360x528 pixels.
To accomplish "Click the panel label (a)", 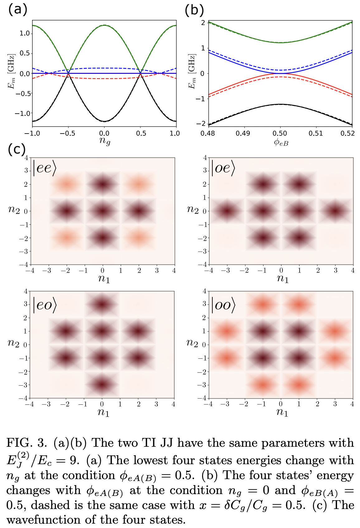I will pos(17,9).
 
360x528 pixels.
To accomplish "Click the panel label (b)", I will pos(194,10).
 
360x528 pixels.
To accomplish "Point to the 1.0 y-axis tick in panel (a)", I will pos(24,33).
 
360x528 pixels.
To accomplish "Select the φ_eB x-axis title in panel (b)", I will pos(281,143).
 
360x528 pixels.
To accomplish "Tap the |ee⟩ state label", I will pos(45,168).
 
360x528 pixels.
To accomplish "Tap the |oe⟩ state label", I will pos(223,168).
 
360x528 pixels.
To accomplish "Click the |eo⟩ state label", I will pos(45,305).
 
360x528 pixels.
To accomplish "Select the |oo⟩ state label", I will pos(223,305).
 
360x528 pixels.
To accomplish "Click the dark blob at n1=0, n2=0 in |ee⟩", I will pos(102,211).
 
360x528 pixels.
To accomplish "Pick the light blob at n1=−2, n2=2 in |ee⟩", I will pos(66,184).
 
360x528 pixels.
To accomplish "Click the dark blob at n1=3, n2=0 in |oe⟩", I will pos(335,211).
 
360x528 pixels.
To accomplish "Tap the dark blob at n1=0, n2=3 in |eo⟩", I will pos(102,304).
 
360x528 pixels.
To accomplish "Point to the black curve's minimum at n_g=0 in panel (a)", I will pos(105,121).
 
